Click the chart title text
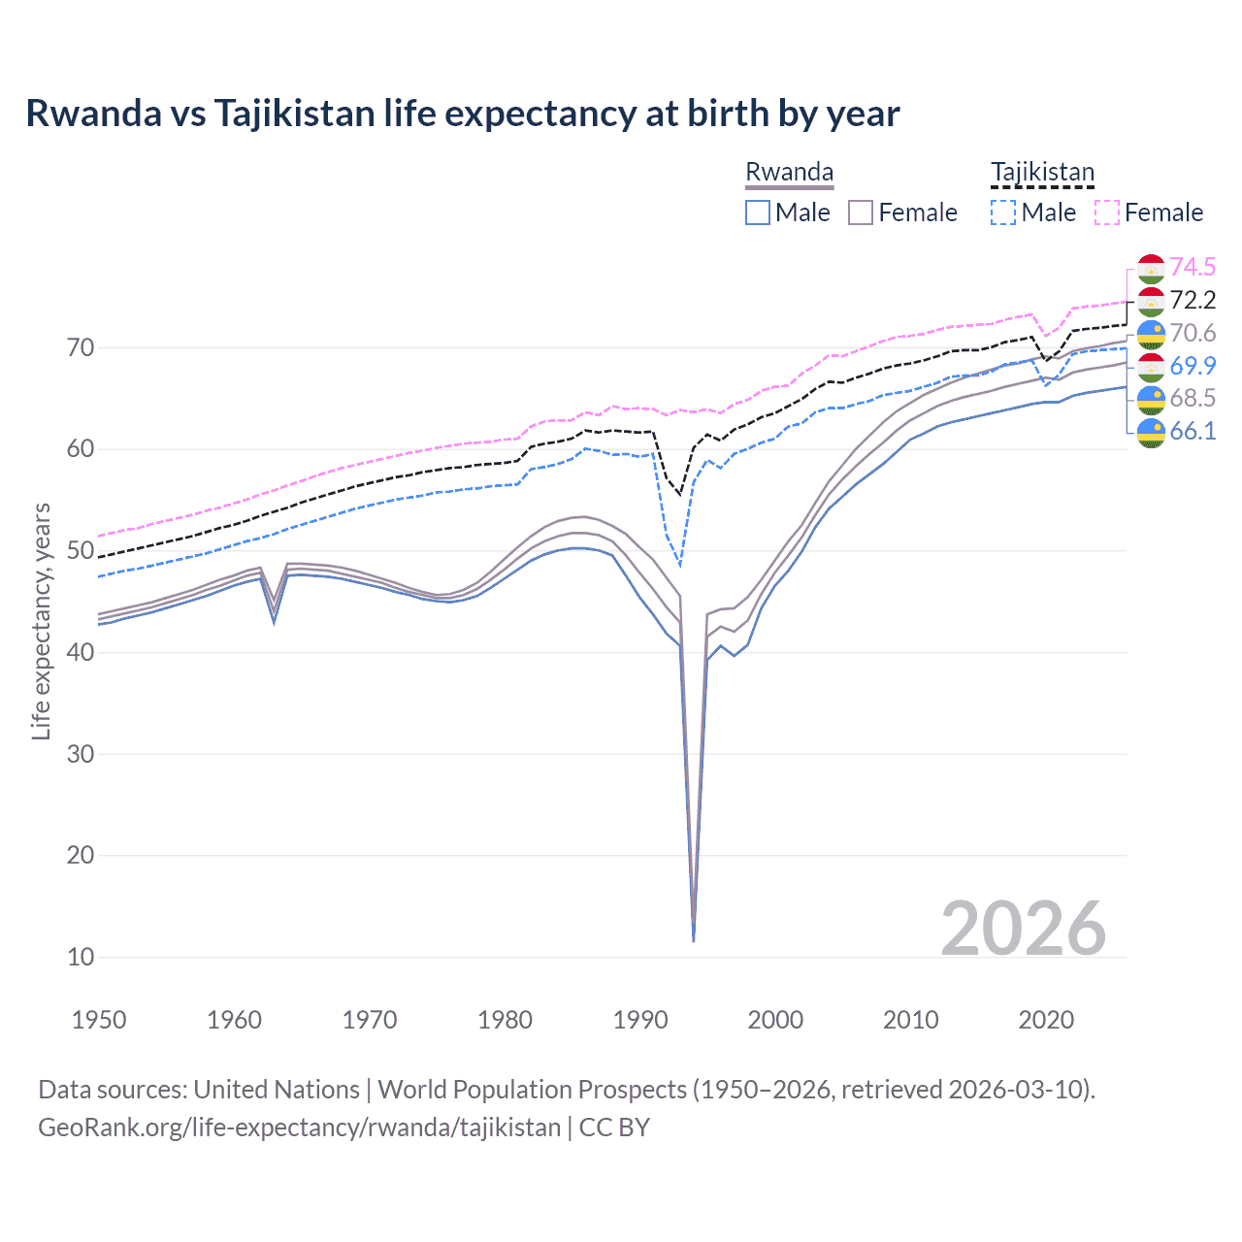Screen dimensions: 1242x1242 pyautogui.click(x=462, y=114)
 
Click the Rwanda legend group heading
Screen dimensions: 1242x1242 pyautogui.click(x=789, y=173)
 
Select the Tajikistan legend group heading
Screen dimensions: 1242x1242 pyautogui.click(x=1041, y=173)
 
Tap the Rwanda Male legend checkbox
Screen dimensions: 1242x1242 pyautogui.click(x=758, y=212)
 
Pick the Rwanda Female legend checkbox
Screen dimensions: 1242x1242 pyautogui.click(x=861, y=212)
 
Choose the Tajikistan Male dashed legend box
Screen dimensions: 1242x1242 pyautogui.click(x=1003, y=212)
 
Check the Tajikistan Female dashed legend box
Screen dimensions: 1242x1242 pyautogui.click(x=1107, y=212)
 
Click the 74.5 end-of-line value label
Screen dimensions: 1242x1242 pyautogui.click(x=1193, y=267)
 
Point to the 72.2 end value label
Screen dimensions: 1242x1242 pyautogui.click(x=1193, y=300)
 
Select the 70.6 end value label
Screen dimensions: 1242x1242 pyautogui.click(x=1193, y=333)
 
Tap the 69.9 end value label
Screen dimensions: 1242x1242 pyautogui.click(x=1193, y=366)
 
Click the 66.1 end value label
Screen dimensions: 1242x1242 pyautogui.click(x=1193, y=431)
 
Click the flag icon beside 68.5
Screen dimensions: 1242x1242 pyautogui.click(x=1151, y=399)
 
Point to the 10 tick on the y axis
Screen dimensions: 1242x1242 pyautogui.click(x=82, y=957)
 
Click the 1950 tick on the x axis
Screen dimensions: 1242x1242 pyautogui.click(x=99, y=1020)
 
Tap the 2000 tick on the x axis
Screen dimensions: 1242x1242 pyautogui.click(x=775, y=1020)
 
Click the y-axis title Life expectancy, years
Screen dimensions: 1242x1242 pyautogui.click(x=41, y=621)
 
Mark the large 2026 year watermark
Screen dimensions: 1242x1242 pyautogui.click(x=1023, y=929)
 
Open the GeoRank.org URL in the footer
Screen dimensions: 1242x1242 pyautogui.click(x=299, y=1127)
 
